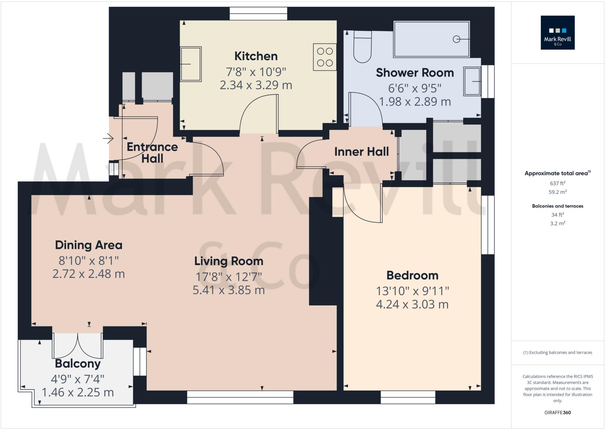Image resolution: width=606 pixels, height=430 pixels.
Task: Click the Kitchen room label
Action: (x=256, y=56)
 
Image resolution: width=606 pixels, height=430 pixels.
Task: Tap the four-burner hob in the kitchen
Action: (x=325, y=57)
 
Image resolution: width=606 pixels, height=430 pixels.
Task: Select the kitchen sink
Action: (x=191, y=64)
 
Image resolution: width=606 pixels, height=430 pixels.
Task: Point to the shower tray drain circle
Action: (x=456, y=39)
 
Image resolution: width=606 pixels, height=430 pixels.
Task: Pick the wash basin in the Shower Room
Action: (x=472, y=81)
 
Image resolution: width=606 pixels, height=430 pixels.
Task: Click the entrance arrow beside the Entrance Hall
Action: (x=108, y=139)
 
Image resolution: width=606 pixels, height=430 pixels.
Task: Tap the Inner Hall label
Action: (x=361, y=152)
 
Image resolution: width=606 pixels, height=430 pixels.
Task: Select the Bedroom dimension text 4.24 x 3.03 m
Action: (x=412, y=304)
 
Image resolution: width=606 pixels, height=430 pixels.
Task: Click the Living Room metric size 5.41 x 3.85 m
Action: (x=229, y=290)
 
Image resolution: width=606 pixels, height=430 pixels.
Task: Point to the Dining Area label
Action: (x=89, y=245)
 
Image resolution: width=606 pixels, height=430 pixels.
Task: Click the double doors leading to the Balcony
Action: (x=78, y=346)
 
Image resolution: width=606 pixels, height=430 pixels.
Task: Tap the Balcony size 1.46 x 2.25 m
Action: (x=77, y=392)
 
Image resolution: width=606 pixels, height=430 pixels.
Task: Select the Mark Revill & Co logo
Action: (x=557, y=33)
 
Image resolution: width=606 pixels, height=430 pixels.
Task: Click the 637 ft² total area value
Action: (x=557, y=183)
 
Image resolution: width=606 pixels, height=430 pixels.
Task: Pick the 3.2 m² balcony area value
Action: (x=557, y=224)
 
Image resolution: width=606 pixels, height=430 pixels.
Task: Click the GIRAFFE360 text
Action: (x=557, y=413)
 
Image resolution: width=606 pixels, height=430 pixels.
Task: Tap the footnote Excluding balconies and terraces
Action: (x=557, y=352)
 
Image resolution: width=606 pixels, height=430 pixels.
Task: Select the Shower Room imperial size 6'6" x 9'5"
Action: (x=414, y=88)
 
